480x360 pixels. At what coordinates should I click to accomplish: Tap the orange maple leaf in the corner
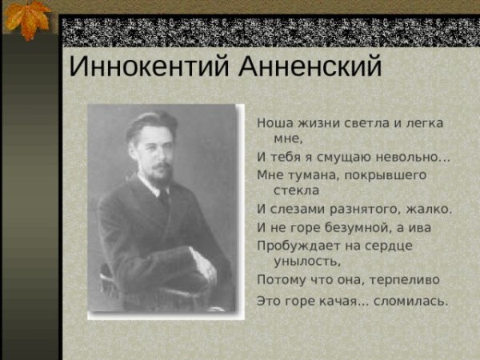tap(27, 18)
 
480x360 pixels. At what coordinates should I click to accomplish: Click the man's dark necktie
tap(164, 199)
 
